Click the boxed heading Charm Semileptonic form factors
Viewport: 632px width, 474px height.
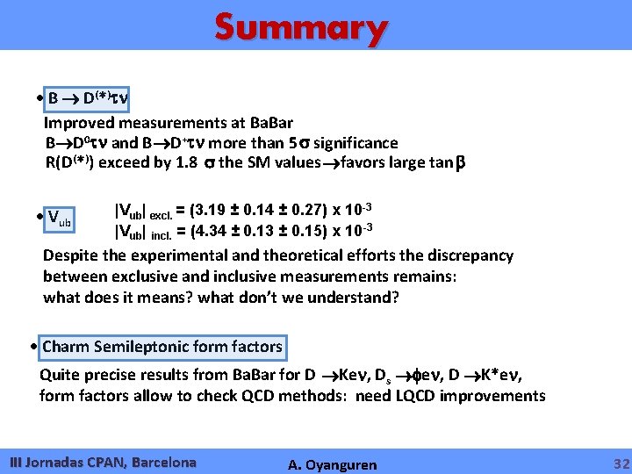click(x=162, y=347)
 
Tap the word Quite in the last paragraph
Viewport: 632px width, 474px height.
click(x=60, y=375)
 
